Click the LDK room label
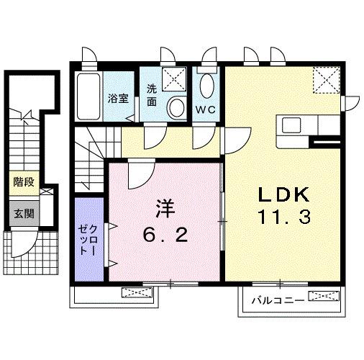(283, 194)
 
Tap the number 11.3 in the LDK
(284, 217)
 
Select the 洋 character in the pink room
(165, 208)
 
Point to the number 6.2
(165, 235)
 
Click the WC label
(206, 109)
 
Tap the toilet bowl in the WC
(206, 86)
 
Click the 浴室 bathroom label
(118, 98)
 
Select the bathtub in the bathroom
(88, 96)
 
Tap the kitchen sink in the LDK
(291, 125)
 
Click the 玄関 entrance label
(24, 213)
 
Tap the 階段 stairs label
(24, 182)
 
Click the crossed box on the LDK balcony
(324, 296)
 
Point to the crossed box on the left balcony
(137, 292)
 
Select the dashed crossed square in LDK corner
(327, 80)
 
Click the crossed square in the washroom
(174, 79)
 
